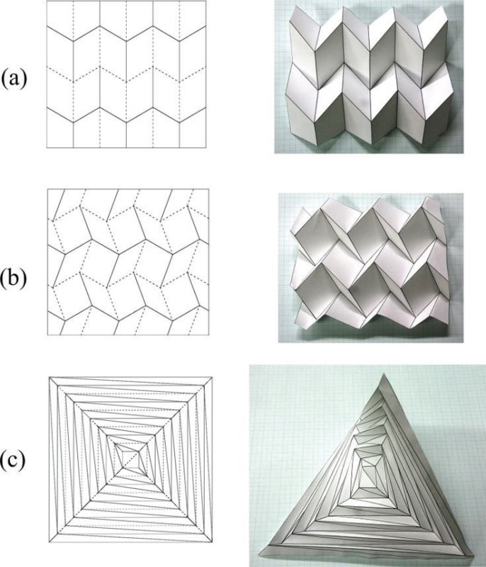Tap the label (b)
tap(13, 280)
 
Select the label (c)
tap(13, 460)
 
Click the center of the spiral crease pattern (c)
tap(130, 459)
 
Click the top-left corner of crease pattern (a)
tap(47, 1)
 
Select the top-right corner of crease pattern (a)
tap(206, 1)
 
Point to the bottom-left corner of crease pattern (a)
tap(47, 147)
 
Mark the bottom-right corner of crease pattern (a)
tap(206, 147)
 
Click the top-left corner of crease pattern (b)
tap(47, 189)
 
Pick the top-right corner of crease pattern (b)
tap(209, 189)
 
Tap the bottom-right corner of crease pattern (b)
tap(209, 335)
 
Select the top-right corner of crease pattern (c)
tap(212, 378)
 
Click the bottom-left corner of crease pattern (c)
tap(49, 541)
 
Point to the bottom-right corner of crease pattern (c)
tap(212, 541)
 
